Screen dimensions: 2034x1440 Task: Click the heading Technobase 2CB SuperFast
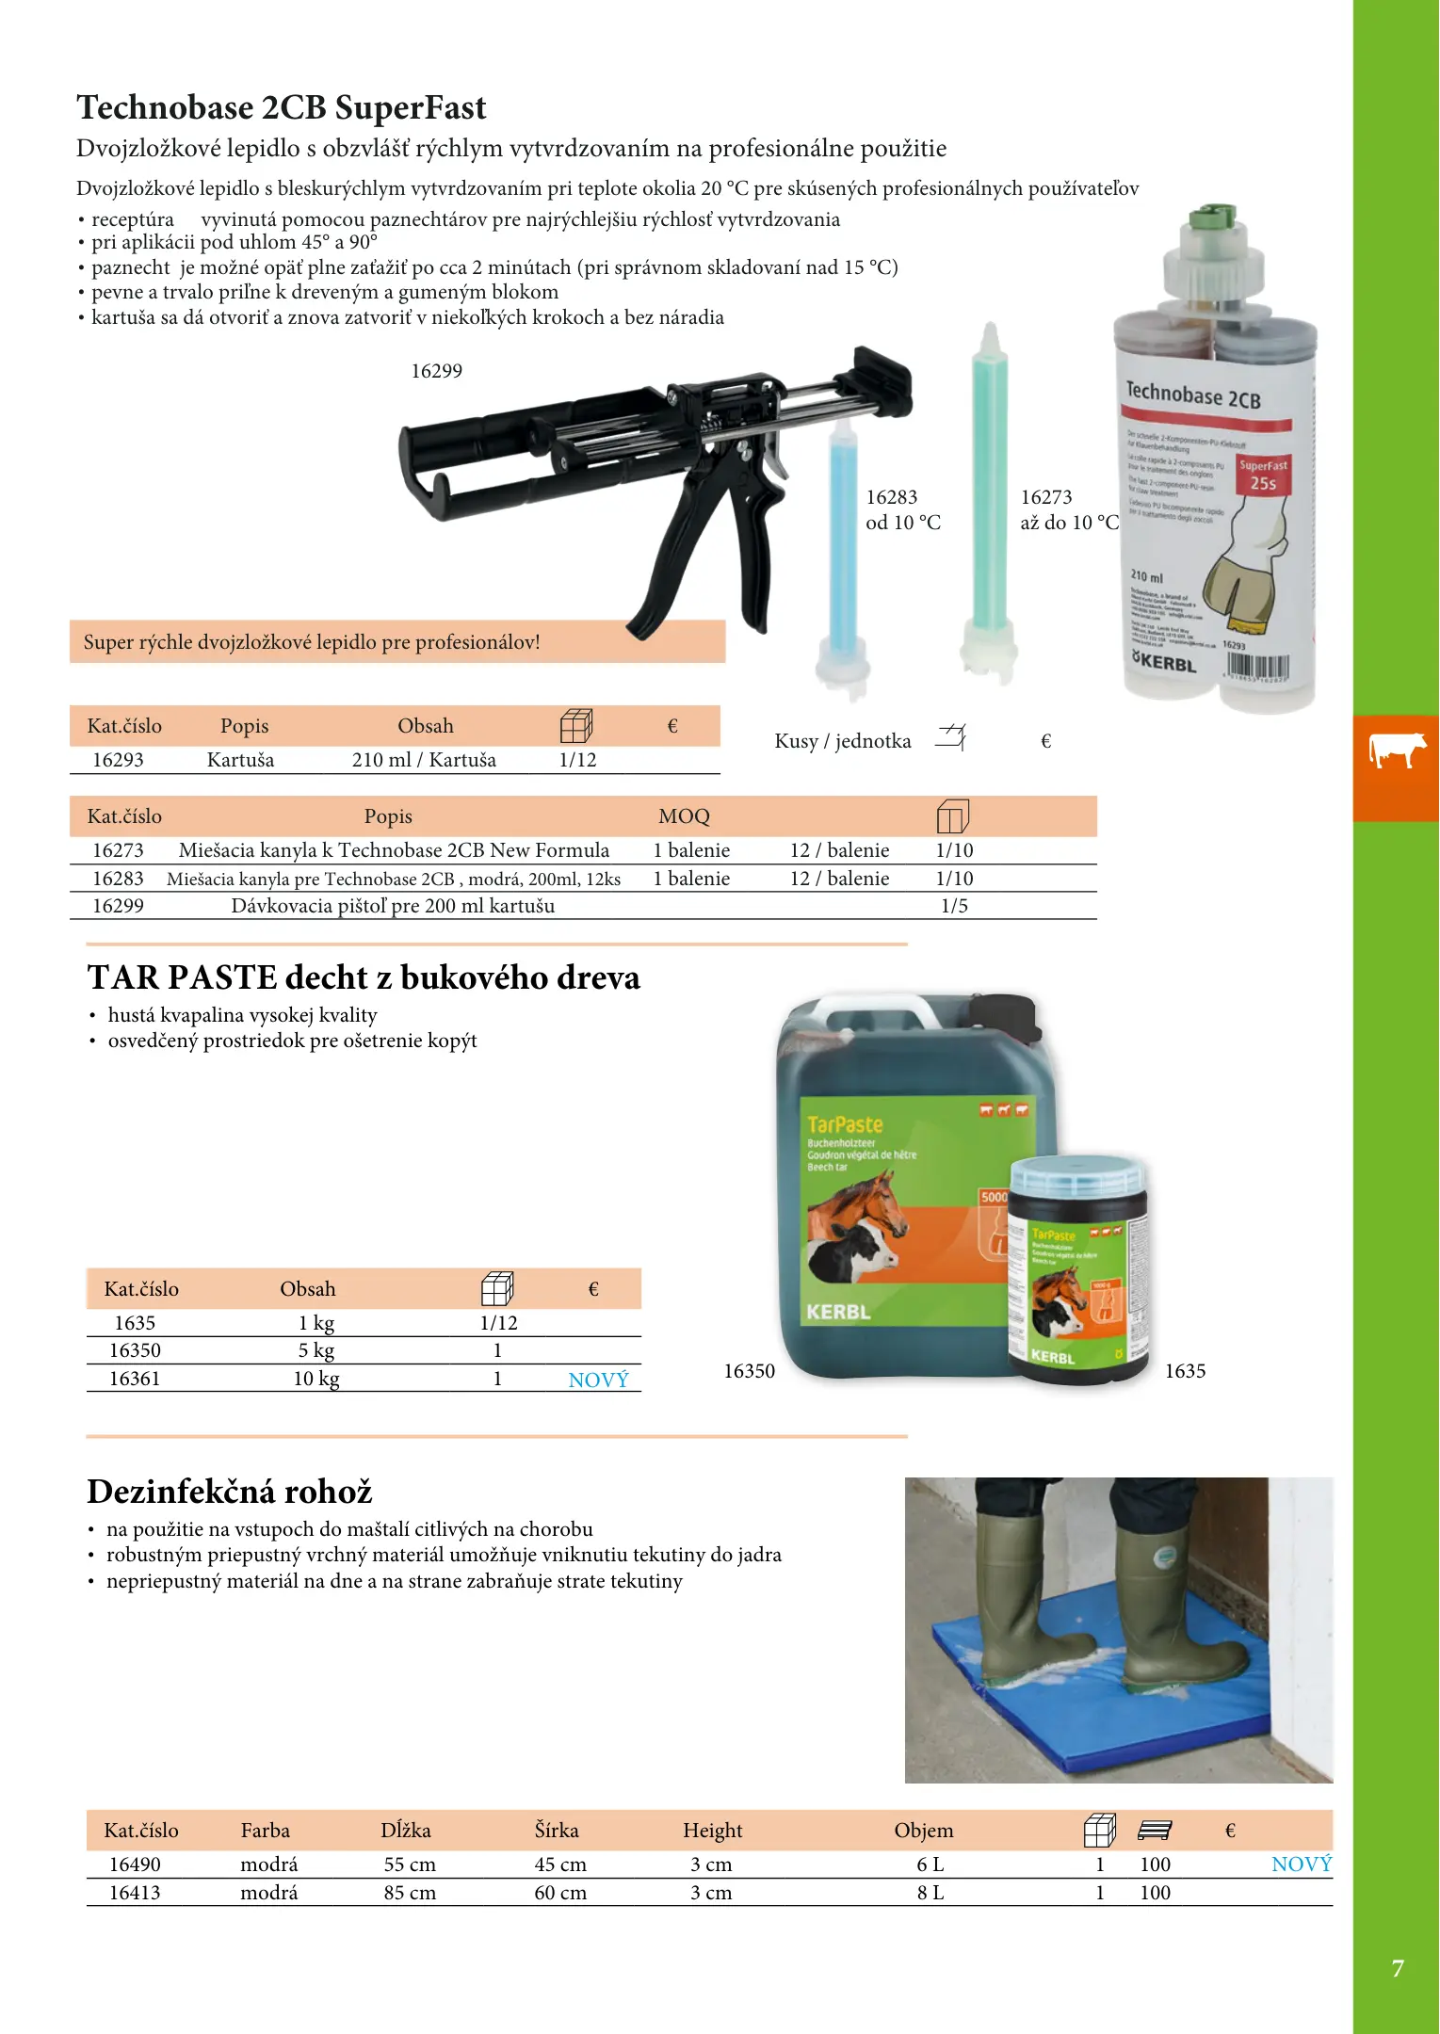point(281,107)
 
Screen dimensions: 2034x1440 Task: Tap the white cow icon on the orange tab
point(1397,751)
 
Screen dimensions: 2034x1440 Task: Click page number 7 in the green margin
point(1398,1968)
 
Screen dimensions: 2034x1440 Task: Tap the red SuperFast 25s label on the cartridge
point(1263,475)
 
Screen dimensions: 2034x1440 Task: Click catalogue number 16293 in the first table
point(118,760)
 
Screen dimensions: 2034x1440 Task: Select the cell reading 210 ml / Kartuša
point(424,760)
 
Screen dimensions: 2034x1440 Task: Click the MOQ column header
point(684,816)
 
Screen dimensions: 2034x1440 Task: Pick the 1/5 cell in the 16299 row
point(954,906)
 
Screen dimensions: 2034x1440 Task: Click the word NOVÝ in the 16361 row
point(598,1380)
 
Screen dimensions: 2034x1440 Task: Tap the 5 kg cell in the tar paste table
point(316,1350)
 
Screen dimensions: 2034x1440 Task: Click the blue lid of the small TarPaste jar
point(1078,1176)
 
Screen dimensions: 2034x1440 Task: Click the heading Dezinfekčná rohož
point(230,1492)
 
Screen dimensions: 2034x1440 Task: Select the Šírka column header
point(557,1831)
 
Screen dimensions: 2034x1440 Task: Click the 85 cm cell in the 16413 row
point(410,1893)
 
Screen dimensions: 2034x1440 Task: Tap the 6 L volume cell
point(930,1864)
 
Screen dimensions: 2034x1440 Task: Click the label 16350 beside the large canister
point(749,1371)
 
